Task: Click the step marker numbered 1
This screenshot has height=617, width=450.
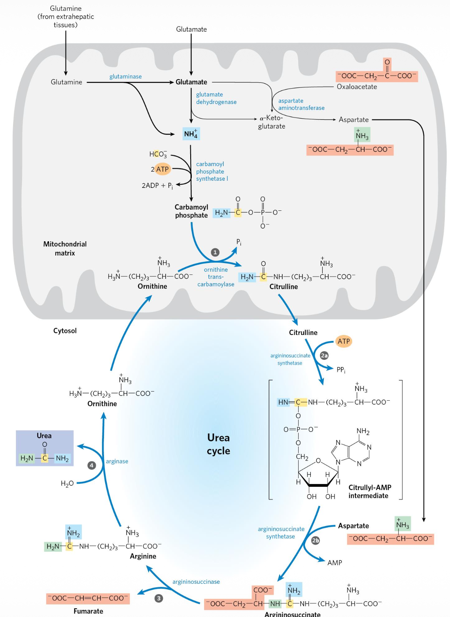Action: pyautogui.click(x=215, y=252)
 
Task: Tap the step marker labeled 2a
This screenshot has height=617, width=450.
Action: pyautogui.click(x=324, y=355)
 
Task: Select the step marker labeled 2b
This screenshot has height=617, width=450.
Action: pyautogui.click(x=315, y=540)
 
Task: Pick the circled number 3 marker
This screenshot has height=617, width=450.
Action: pyautogui.click(x=159, y=598)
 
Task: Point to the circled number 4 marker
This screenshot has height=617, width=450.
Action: pyautogui.click(x=92, y=465)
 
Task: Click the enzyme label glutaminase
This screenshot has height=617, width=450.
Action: pyautogui.click(x=125, y=76)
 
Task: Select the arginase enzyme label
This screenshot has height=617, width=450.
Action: pyautogui.click(x=117, y=461)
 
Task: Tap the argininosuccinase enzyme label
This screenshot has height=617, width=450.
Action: pyautogui.click(x=196, y=581)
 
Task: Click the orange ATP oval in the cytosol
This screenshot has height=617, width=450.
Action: pyautogui.click(x=344, y=341)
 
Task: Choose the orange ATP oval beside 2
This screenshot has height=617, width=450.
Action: pyautogui.click(x=162, y=169)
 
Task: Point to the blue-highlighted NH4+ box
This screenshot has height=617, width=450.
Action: pyautogui.click(x=191, y=134)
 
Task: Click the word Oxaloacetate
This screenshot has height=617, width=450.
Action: pyautogui.click(x=357, y=87)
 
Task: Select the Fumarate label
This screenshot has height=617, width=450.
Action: pyautogui.click(x=88, y=611)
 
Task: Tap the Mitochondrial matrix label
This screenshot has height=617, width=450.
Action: pyautogui.click(x=65, y=248)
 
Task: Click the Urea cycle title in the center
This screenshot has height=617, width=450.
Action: pyautogui.click(x=218, y=444)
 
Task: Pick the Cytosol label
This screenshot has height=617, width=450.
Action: pyautogui.click(x=65, y=331)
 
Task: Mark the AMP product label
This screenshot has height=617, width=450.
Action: pyautogui.click(x=335, y=562)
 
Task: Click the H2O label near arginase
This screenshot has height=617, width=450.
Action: pyautogui.click(x=67, y=483)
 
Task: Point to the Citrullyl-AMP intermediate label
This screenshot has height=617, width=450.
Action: pyautogui.click(x=370, y=492)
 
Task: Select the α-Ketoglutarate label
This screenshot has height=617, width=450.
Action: pyautogui.click(x=272, y=122)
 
